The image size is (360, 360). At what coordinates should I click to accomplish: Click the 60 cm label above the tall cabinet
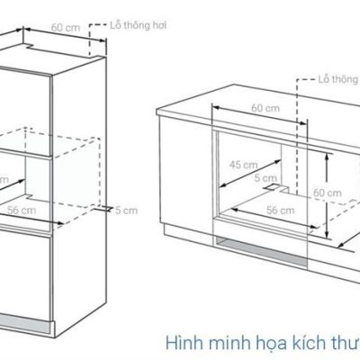66,28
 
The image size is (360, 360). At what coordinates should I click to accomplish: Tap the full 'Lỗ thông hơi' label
138,25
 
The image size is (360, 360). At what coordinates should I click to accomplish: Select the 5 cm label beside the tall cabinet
127,211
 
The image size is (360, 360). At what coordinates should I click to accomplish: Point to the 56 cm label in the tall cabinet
22,211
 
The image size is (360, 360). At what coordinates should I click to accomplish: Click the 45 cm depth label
244,165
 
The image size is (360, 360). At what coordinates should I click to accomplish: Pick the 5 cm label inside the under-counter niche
265,178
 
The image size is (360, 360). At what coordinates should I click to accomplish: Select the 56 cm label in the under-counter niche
281,211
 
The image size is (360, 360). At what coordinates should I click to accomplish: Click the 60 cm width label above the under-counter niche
265,108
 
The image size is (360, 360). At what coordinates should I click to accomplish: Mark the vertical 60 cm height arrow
326,196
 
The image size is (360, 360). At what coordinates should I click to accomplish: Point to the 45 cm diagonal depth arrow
249,174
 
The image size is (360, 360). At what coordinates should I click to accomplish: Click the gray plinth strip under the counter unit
260,251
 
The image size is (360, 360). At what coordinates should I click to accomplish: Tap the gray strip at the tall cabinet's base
24,322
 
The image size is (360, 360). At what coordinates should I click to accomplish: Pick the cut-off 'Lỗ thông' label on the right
339,79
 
